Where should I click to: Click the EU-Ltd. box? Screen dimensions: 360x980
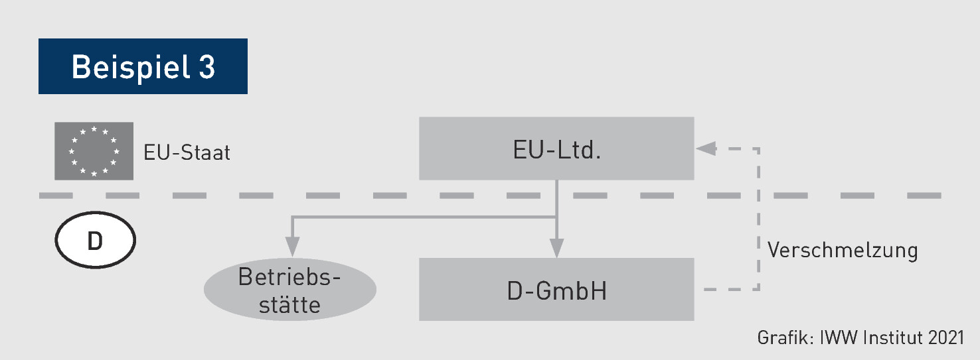tap(556, 149)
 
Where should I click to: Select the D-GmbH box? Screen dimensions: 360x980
tap(556, 290)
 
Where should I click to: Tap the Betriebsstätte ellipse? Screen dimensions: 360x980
tap(289, 291)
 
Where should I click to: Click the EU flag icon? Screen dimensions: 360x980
tap(94, 151)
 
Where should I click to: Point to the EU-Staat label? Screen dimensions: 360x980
tap(187, 153)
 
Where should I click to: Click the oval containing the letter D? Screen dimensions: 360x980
tap(95, 241)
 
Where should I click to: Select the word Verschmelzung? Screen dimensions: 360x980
tap(843, 251)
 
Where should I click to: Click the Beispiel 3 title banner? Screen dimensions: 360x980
tap(143, 66)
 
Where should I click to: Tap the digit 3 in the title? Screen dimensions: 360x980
tap(206, 67)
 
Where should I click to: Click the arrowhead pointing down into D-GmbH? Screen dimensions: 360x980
tap(556, 249)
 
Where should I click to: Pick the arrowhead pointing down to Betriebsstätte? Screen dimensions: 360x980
tap(290, 249)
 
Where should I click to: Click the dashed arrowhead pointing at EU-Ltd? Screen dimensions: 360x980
tap(705, 149)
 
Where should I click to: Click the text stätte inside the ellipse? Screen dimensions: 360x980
tap(289, 305)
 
